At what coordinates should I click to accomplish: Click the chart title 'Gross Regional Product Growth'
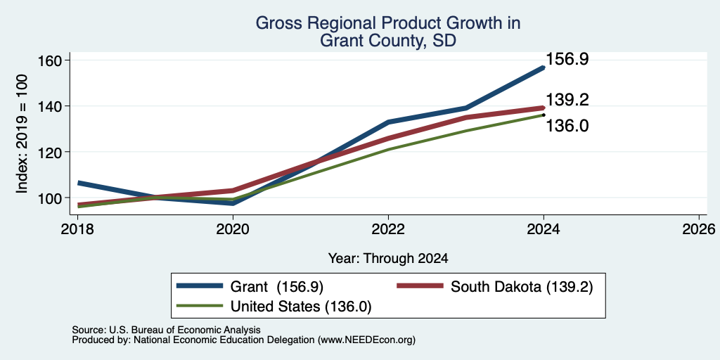[388, 23]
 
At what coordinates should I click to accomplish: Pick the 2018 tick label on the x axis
[77, 229]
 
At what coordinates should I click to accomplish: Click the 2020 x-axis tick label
[233, 229]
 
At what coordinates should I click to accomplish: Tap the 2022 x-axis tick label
[388, 229]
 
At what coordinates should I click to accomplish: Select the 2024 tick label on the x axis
[544, 229]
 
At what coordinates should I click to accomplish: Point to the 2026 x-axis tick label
[699, 229]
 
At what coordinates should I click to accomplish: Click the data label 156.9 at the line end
[567, 59]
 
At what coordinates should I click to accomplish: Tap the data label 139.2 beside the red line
[567, 100]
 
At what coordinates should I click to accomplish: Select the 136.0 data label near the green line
[567, 125]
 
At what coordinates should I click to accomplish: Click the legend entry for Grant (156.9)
[250, 287]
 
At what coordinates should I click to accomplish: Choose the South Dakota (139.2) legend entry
[495, 287]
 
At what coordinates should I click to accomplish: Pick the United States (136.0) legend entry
[274, 307]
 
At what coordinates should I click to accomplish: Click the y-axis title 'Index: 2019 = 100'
[22, 134]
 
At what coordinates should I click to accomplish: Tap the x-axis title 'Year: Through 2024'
[388, 259]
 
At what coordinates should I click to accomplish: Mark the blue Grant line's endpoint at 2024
[544, 67]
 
